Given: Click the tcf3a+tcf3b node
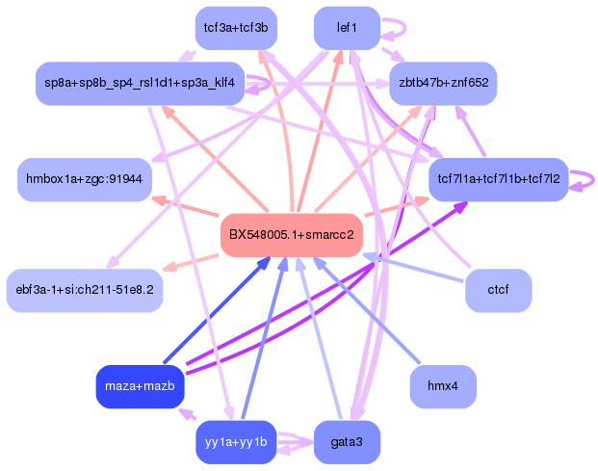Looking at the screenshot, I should [x=235, y=28].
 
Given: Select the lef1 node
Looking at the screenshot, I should [x=347, y=28].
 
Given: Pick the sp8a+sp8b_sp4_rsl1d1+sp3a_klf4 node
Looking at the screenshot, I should [x=138, y=84].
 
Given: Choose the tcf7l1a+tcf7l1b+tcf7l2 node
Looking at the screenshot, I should [x=498, y=179].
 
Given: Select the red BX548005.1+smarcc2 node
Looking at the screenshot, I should [x=291, y=234].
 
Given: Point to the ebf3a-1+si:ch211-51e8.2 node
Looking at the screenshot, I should [x=85, y=289].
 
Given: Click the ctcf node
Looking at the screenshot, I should [x=498, y=289].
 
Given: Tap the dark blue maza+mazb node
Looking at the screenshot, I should [x=141, y=386].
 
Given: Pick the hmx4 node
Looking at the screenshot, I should [x=442, y=386].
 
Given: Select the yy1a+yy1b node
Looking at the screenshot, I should [x=235, y=442].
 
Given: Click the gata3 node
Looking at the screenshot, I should [x=347, y=442].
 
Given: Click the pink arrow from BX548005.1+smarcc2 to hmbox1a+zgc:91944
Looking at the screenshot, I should [x=188, y=206].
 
